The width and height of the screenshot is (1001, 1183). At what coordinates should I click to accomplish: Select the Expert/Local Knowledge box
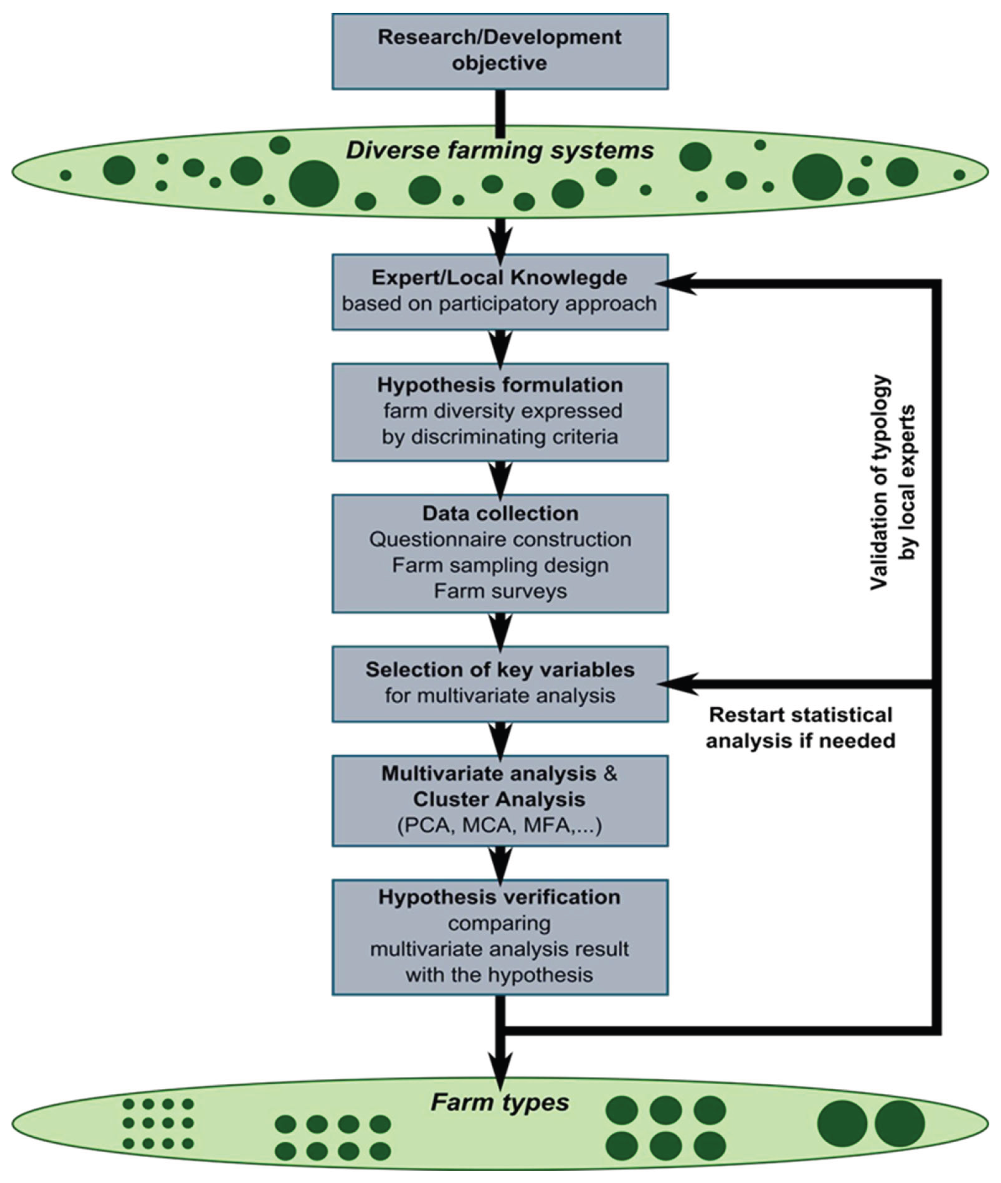click(500, 292)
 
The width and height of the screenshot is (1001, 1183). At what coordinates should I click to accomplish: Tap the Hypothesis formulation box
click(500, 412)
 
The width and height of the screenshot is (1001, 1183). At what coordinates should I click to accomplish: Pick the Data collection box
click(500, 553)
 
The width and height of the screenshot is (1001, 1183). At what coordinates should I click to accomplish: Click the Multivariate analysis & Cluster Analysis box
click(500, 800)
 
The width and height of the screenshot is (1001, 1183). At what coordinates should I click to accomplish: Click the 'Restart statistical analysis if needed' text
click(800, 728)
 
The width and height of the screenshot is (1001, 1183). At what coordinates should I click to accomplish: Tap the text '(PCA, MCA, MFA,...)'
click(500, 826)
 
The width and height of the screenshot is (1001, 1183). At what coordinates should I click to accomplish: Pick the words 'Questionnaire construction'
click(500, 539)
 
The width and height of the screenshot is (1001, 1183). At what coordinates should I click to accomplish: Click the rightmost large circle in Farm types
click(899, 1122)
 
